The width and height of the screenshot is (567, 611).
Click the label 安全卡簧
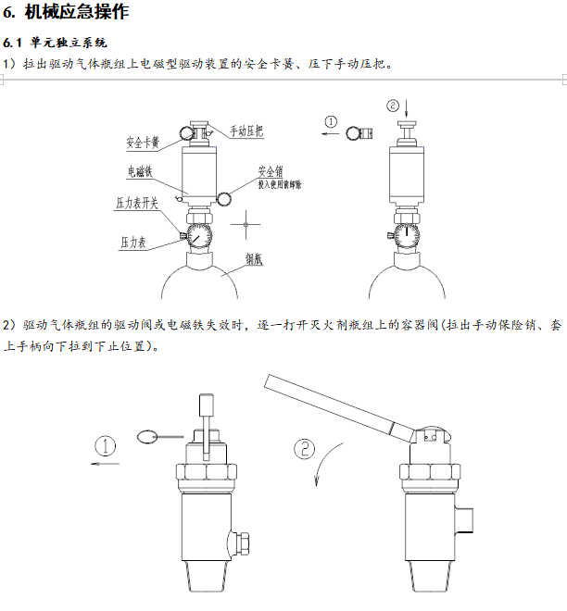[144, 143]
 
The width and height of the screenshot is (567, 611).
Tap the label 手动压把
[246, 131]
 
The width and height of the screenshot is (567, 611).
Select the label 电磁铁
[142, 171]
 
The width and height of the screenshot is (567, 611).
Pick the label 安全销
[271, 172]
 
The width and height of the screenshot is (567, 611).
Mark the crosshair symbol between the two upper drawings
[246, 222]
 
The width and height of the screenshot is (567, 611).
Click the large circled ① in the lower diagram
[107, 446]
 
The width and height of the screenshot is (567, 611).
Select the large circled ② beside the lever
[305, 450]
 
